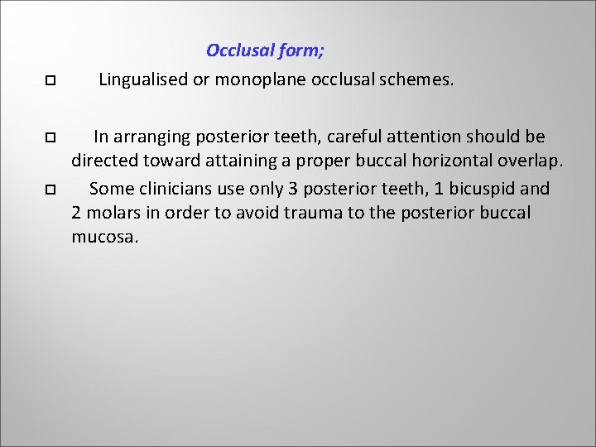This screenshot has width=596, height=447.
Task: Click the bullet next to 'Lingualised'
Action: click(49, 82)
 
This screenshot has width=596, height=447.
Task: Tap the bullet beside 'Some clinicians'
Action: click(49, 190)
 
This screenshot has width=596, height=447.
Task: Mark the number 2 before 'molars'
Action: click(77, 213)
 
